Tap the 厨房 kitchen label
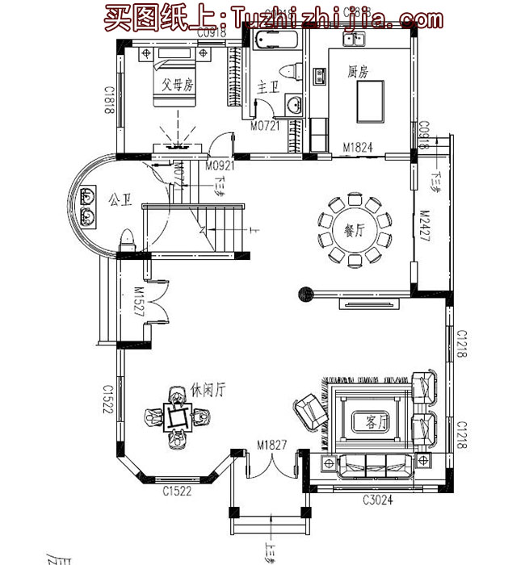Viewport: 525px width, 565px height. click(357, 72)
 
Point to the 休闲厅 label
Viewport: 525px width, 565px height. click(208, 389)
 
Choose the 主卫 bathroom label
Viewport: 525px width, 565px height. click(267, 86)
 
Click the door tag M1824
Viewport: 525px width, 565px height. click(356, 148)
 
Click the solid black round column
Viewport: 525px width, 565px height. click(306, 294)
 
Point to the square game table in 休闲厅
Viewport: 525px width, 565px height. click(177, 417)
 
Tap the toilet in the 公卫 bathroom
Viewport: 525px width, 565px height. click(125, 239)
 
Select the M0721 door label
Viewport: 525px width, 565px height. click(265, 127)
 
